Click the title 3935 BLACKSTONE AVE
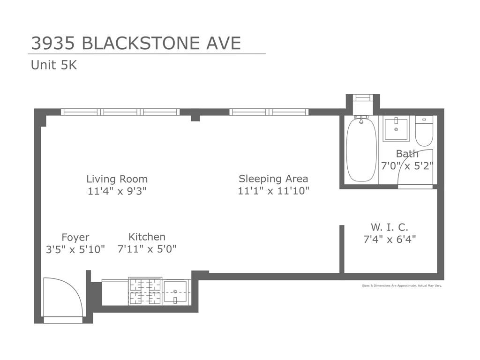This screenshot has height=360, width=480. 136,43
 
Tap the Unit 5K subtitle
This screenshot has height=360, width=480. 54,65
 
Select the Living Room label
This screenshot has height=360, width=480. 117,179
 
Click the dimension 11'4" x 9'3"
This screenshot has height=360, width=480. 117,191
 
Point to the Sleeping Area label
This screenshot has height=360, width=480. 273,179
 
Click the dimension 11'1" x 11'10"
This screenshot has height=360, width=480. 273,191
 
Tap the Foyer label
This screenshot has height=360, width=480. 75,237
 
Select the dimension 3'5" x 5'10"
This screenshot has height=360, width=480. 75,249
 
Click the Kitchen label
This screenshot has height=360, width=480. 147,237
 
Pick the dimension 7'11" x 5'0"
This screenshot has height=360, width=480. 147,249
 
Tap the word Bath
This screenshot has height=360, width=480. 407,154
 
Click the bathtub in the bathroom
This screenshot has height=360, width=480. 361,150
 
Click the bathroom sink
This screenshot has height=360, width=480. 396,128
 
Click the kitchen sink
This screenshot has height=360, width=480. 175,292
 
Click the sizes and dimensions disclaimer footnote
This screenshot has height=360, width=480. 402,285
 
